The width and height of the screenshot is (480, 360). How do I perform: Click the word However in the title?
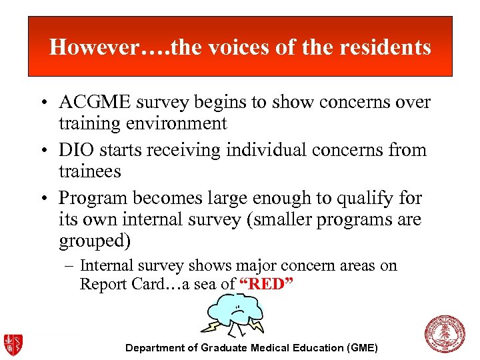coord(91,47)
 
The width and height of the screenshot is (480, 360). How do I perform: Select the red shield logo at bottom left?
coord(14,344)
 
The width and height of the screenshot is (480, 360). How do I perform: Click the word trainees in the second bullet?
coord(89,171)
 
